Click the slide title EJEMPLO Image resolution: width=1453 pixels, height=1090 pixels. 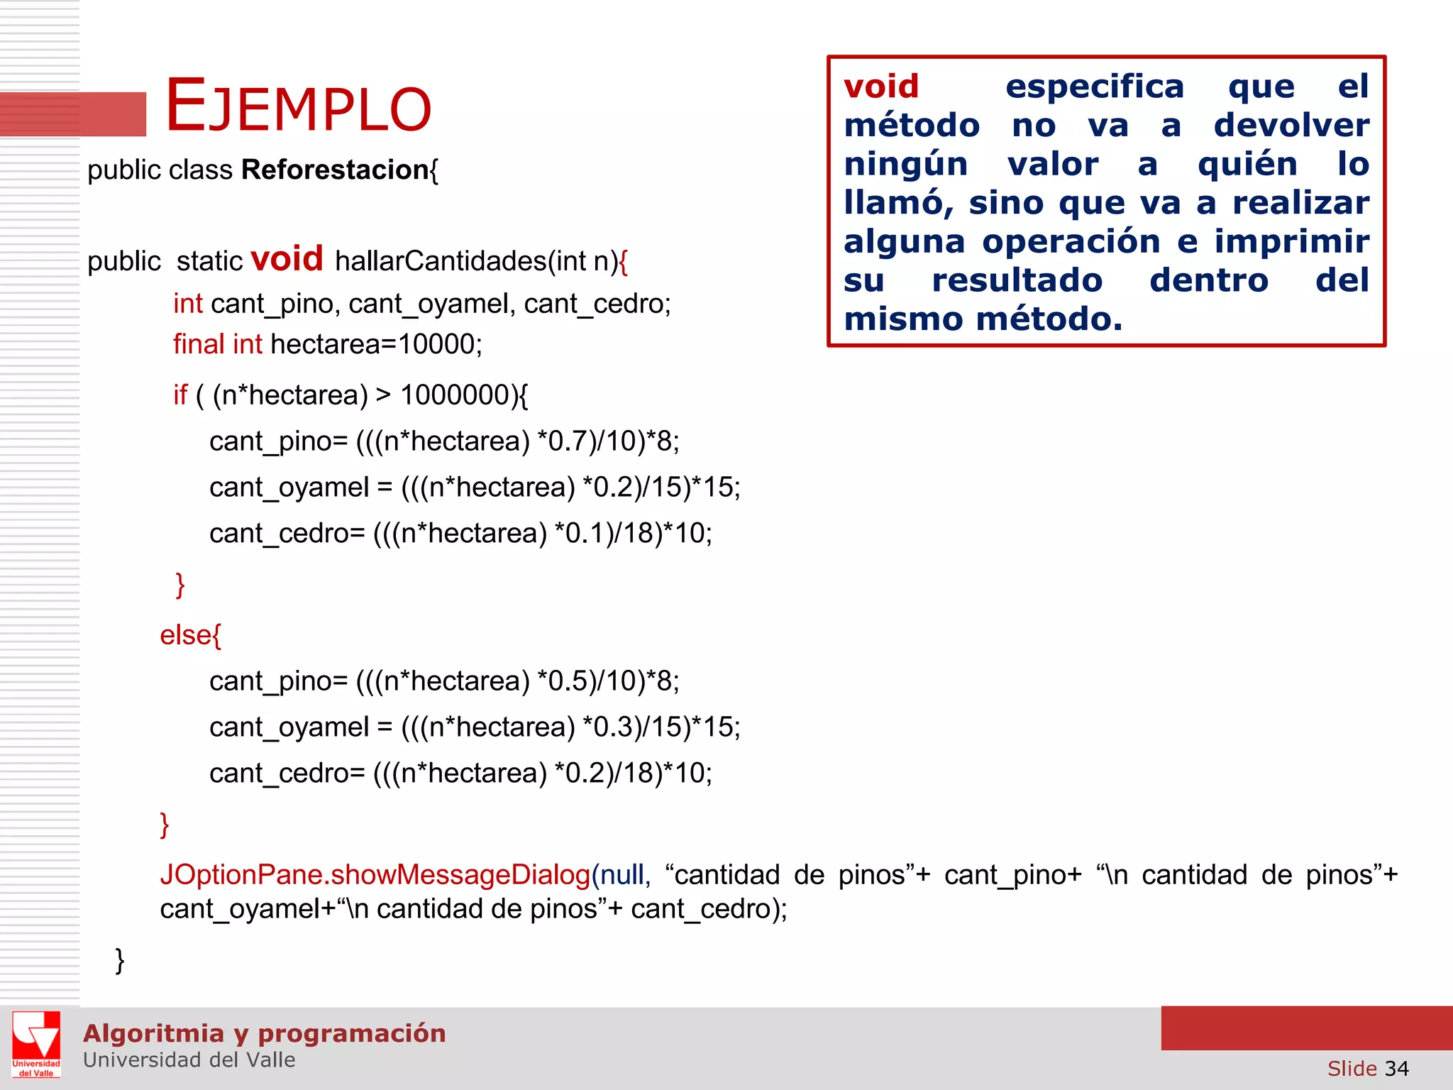coord(298,106)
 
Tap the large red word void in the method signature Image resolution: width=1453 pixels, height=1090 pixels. coord(287,258)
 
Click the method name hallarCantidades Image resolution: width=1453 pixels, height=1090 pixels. coord(440,261)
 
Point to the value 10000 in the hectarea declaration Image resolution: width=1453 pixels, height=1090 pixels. coord(436,344)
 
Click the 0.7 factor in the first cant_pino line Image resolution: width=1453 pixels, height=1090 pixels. coord(568,441)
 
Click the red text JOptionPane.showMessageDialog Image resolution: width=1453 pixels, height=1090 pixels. coord(375,875)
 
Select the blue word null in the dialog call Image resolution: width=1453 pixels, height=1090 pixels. coord(622,875)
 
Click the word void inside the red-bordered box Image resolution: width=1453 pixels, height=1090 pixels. coord(881,87)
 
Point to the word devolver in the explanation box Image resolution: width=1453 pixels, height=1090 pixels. coord(1291,126)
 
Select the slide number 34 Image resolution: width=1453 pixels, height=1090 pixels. coord(1396,1069)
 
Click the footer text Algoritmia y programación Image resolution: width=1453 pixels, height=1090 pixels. coord(264,1033)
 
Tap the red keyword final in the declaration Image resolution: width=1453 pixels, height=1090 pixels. coord(199,344)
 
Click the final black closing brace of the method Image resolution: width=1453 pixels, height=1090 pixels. coord(120,961)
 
